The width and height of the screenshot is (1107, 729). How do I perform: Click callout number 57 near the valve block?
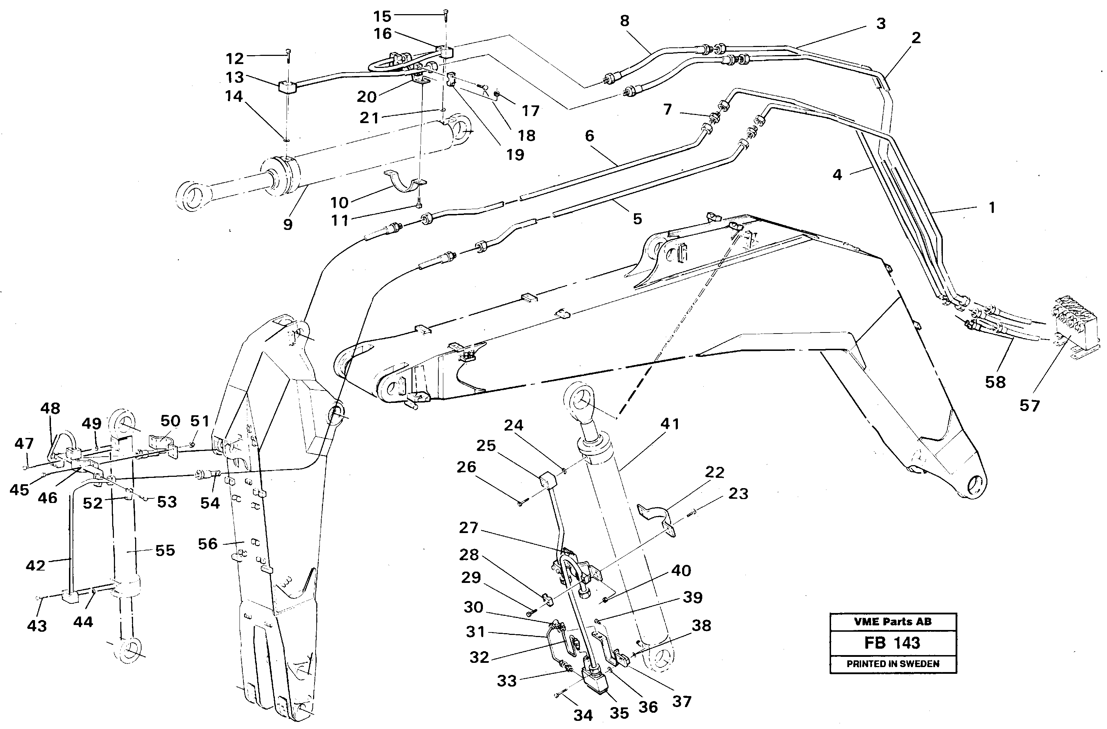[x=1029, y=405]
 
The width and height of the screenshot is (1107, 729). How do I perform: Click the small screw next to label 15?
[x=445, y=15]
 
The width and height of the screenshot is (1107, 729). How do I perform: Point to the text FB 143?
[x=892, y=643]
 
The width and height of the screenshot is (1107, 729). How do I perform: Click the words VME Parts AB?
[x=892, y=621]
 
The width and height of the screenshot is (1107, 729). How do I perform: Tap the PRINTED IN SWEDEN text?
[x=892, y=664]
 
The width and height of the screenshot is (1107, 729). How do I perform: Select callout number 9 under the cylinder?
[x=288, y=225]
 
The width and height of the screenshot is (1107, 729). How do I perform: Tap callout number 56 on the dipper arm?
[x=207, y=544]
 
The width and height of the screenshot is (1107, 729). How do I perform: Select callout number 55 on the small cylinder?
[x=165, y=550]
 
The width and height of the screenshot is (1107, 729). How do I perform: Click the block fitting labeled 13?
[x=287, y=87]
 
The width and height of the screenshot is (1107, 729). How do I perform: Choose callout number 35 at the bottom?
[x=619, y=713]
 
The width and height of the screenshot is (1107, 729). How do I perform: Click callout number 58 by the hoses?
[x=995, y=382]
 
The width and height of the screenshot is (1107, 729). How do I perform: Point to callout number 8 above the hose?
[x=624, y=21]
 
